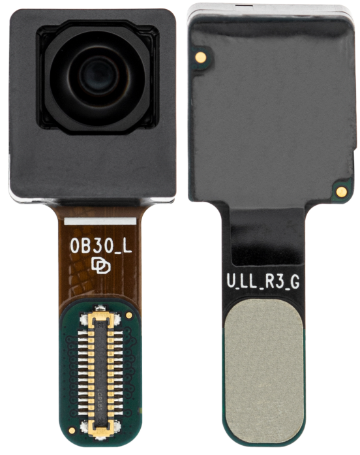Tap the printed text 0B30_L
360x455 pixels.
[100, 247]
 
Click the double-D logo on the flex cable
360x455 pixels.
[100, 266]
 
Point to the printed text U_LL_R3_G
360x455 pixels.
[263, 282]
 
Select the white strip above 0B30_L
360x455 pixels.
[100, 221]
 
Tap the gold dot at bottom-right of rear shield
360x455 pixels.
[342, 191]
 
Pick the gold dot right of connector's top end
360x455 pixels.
[129, 315]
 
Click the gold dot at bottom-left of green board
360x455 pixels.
[71, 430]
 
